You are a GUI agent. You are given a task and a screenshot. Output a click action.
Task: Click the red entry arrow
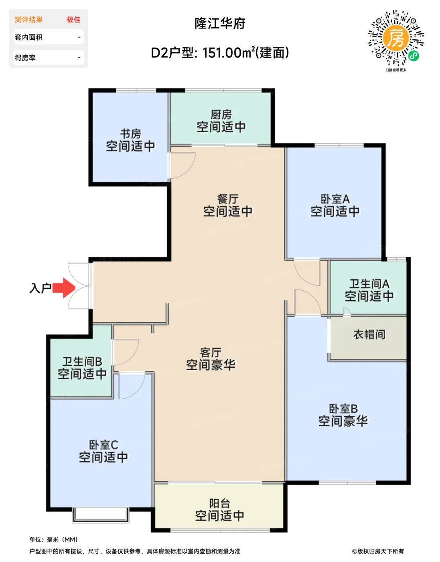pos(63,287)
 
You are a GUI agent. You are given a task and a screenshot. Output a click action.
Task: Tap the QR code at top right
pos(396,38)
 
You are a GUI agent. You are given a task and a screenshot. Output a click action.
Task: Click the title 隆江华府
pos(220,24)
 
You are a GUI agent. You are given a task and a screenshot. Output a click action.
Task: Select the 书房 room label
pos(130,134)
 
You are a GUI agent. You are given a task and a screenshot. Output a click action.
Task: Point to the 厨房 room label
pos(221,115)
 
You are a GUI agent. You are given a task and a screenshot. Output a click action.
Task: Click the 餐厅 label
pos(228,199)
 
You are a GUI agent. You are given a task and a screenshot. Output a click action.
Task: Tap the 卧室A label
pos(335,199)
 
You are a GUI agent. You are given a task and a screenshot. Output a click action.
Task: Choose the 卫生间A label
pos(369,284)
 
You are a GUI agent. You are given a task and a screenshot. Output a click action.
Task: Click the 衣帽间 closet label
pos(369,335)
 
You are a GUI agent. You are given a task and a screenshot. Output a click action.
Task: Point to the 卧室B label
pos(343,409)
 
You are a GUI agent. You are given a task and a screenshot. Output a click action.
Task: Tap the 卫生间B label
pos(82,362)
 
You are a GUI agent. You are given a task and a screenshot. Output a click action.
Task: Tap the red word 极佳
pos(74,20)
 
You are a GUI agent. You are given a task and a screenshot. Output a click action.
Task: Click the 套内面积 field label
pos(29,37)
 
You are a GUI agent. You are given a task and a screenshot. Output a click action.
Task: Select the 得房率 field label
pos(25,58)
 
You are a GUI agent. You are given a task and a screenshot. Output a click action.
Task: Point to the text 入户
pos(40,288)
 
